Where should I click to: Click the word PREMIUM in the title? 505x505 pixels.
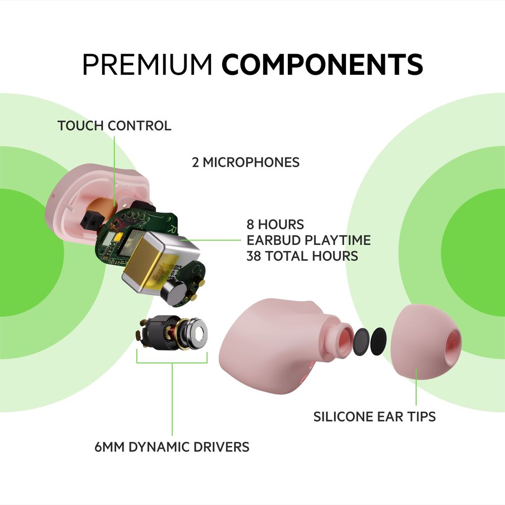coord(146,64)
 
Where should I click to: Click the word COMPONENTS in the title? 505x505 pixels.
coord(322,64)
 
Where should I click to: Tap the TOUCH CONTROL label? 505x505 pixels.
coord(114,126)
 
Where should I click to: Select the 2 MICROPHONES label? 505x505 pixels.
coord(245,163)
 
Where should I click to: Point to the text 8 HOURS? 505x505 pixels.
coord(275,224)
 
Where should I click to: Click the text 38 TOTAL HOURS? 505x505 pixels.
coord(302,256)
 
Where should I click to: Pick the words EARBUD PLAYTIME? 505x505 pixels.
coord(308,240)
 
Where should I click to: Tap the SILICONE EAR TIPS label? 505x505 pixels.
coord(374,417)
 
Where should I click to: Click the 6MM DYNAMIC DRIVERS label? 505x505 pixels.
coord(172,447)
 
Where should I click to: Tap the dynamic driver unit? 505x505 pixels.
coord(174,334)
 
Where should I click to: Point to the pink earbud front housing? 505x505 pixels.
coord(273,343)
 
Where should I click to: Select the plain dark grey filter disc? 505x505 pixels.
coord(362,341)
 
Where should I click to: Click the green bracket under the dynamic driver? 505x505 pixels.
coord(172,362)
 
